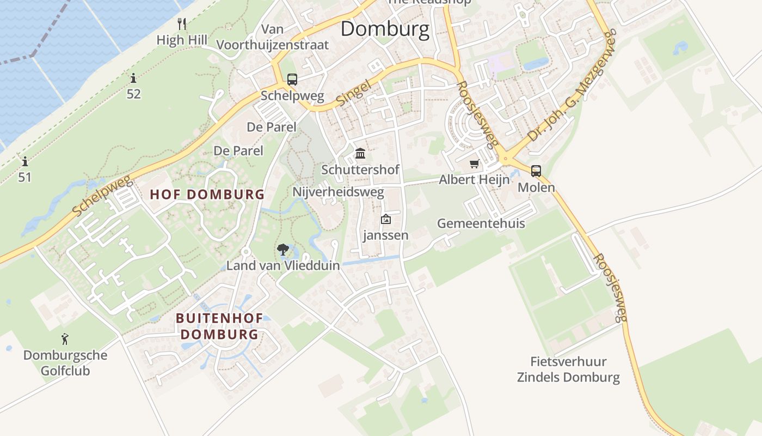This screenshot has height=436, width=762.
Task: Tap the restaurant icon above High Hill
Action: pos(182,23)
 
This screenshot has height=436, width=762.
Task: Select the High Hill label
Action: pos(182,40)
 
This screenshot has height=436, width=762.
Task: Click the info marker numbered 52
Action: pos(133,78)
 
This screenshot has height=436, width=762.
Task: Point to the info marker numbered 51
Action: pos(24,161)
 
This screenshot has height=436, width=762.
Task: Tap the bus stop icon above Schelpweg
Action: pos(292,80)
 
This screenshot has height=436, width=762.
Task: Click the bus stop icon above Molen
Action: pos(536,171)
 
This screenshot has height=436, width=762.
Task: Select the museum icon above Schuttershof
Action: pos(360,153)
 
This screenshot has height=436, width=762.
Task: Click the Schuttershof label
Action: pos(360,169)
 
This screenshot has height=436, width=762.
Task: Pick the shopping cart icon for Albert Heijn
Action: pos(475,163)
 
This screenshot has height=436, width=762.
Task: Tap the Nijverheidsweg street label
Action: pos(338,192)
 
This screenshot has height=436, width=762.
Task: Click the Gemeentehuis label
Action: pos(481,223)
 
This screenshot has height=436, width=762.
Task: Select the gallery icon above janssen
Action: pos(386,219)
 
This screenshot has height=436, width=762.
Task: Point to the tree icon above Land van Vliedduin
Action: pos(282,250)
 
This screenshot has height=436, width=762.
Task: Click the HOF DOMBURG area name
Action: pos(207,195)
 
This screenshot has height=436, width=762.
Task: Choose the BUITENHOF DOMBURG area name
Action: pos(219,326)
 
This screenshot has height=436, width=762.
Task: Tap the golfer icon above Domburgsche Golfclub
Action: pos(65,339)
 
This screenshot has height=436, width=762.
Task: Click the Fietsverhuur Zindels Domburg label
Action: pos(568,369)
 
